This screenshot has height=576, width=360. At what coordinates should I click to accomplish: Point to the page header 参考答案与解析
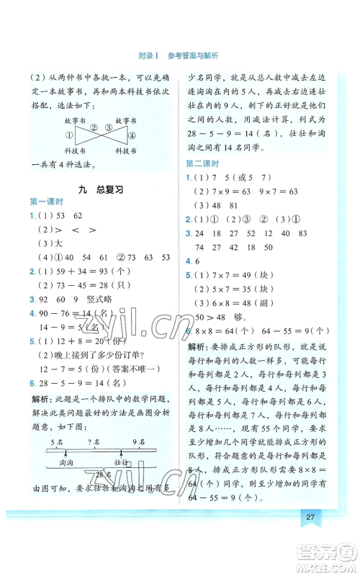coord(193,55)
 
